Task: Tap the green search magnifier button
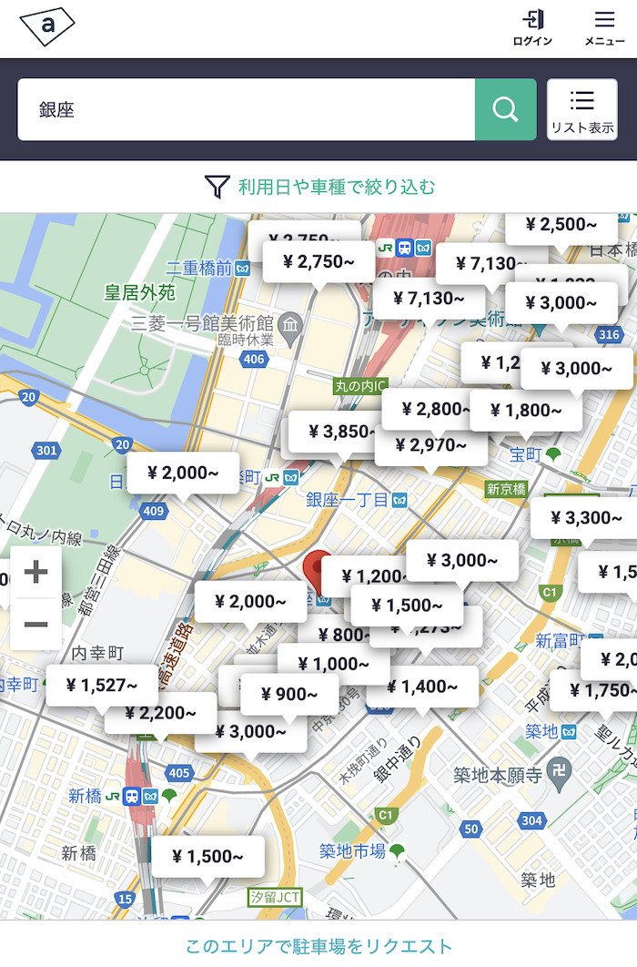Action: pyautogui.click(x=505, y=109)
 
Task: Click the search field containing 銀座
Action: pyautogui.click(x=246, y=109)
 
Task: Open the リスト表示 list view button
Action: pyautogui.click(x=581, y=109)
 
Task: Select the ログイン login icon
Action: pyautogui.click(x=532, y=27)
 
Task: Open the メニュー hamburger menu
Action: pyautogui.click(x=604, y=27)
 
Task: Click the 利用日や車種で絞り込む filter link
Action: pyautogui.click(x=320, y=188)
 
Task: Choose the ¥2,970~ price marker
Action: pyautogui.click(x=431, y=444)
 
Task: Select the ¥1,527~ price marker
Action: pyautogui.click(x=102, y=685)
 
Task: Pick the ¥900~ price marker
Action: pyautogui.click(x=289, y=695)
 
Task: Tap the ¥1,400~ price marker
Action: pyautogui.click(x=422, y=687)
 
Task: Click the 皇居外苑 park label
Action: pyautogui.click(x=139, y=293)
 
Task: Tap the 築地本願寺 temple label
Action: pyautogui.click(x=498, y=775)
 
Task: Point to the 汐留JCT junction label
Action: pyautogui.click(x=276, y=897)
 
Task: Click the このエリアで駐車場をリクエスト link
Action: pyautogui.click(x=318, y=946)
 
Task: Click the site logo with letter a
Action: pyautogui.click(x=46, y=27)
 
